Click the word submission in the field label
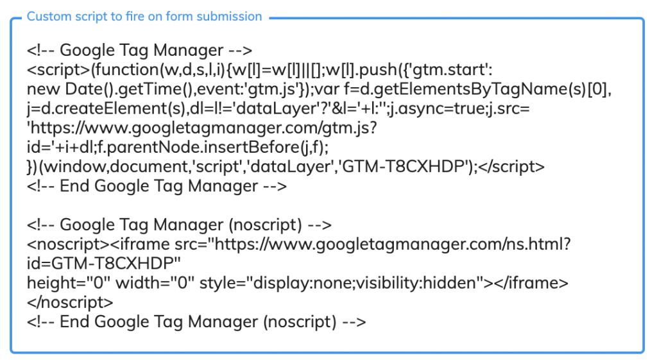229,16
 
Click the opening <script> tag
58,69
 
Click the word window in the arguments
74,167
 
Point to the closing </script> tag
511,167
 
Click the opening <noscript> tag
68,244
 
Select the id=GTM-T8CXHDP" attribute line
104,264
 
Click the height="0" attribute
69,283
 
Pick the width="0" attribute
155,283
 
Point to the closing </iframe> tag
531,283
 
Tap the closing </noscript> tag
70,302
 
